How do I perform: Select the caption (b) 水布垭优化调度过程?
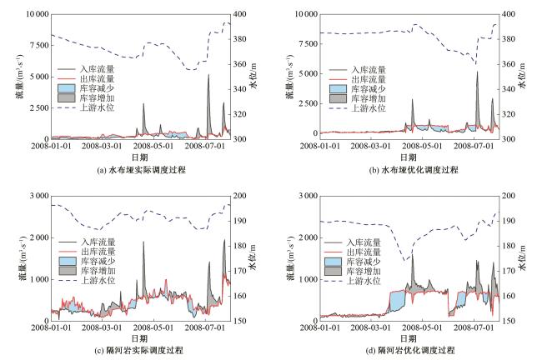point(407,169)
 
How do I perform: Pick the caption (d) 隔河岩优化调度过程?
point(407,350)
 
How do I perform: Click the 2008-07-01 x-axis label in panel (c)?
point(208,329)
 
